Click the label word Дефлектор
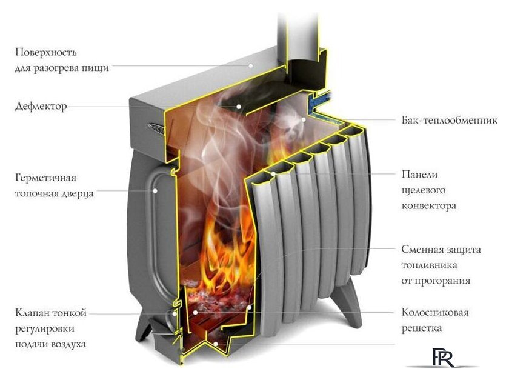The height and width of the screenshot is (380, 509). click(41, 107)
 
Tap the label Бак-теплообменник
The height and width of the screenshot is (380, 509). click(449, 121)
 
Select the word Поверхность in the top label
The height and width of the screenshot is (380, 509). click(46, 53)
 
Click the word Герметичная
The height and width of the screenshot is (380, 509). click(46, 179)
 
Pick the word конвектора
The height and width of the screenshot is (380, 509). click(429, 205)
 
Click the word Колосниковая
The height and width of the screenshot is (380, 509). click(435, 313)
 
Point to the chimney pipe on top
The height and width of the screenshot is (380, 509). click(299, 30)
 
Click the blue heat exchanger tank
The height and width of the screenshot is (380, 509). click(319, 98)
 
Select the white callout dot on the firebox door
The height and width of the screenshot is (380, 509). click(156, 190)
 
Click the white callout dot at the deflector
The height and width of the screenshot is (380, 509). click(239, 106)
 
